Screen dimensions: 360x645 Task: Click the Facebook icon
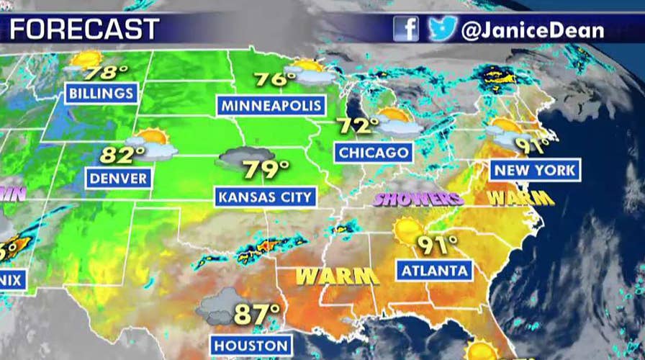pyautogui.click(x=406, y=28)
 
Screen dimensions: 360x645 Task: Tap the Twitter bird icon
pyautogui.click(x=441, y=28)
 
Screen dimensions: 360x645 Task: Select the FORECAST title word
pyautogui.click(x=84, y=29)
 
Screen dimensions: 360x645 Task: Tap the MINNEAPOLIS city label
pyautogui.click(x=271, y=106)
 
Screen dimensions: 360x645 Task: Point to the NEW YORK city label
pyautogui.click(x=535, y=170)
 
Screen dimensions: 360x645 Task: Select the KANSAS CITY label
pyautogui.click(x=266, y=196)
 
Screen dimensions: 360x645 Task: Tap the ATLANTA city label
pyautogui.click(x=434, y=271)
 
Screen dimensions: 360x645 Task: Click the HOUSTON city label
pyautogui.click(x=251, y=344)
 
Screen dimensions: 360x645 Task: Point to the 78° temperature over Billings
pyautogui.click(x=100, y=73)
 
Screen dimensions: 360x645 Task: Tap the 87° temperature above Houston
pyautogui.click(x=257, y=314)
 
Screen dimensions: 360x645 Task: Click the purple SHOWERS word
pyautogui.click(x=418, y=198)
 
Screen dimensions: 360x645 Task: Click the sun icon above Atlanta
pyautogui.click(x=409, y=230)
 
